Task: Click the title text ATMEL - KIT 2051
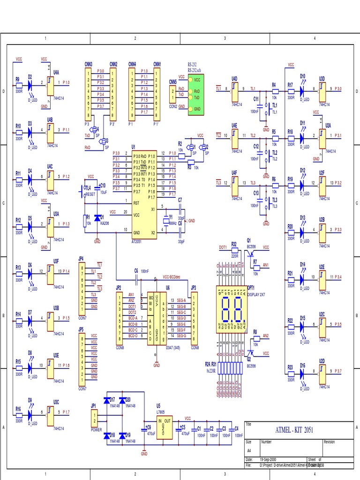click(294, 430)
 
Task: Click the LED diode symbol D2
click(30, 85)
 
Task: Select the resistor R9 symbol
click(19, 85)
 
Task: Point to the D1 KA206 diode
click(97, 218)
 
